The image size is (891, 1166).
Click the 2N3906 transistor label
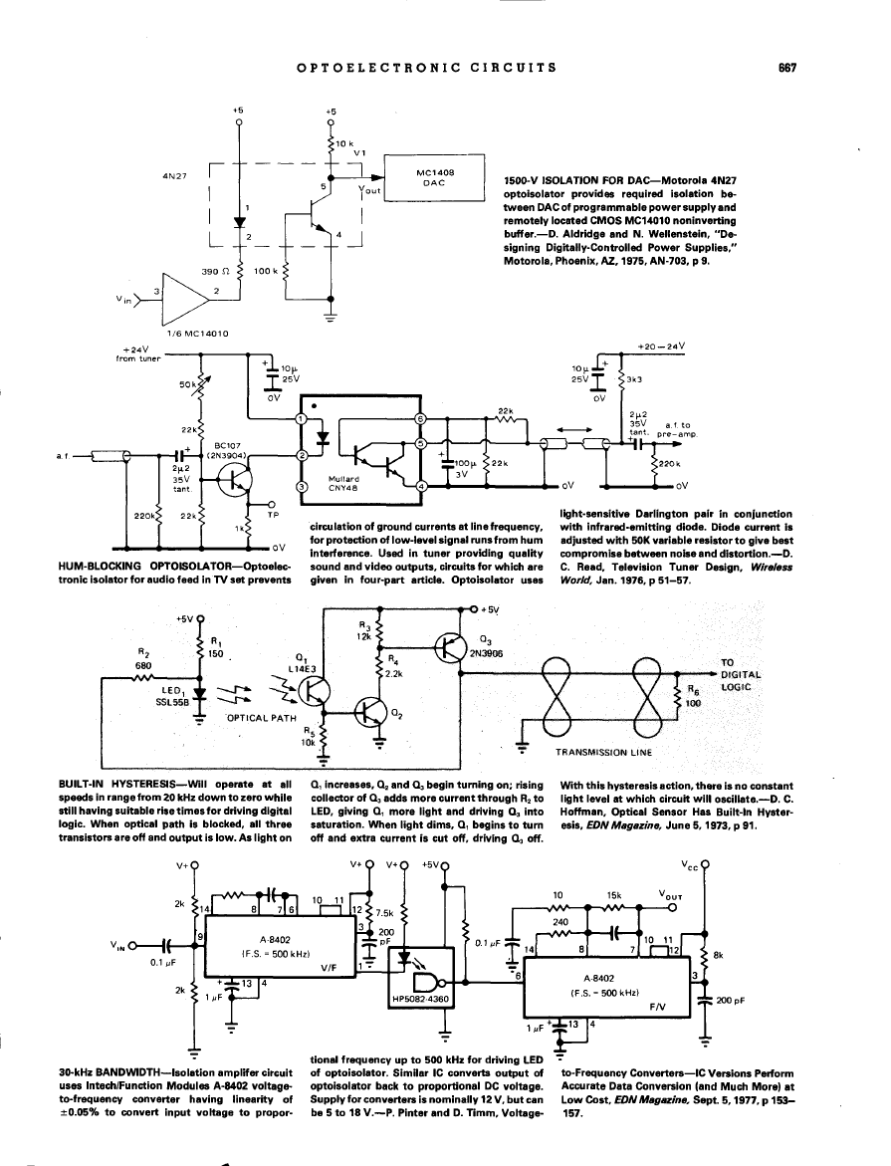tap(496, 655)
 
